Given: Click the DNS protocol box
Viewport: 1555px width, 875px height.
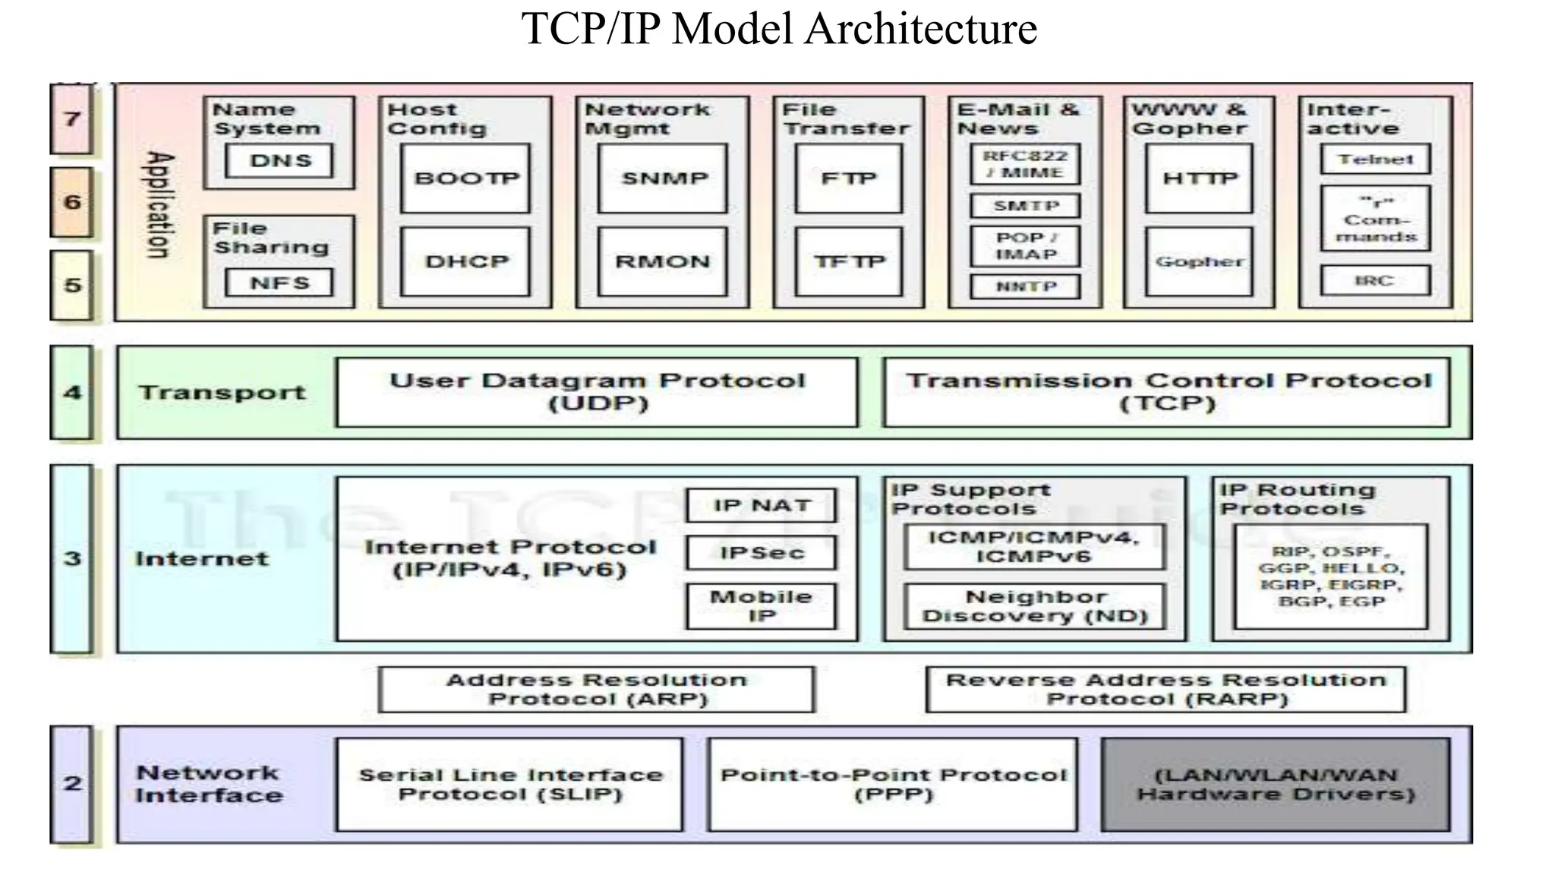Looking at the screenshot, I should pyautogui.click(x=279, y=161).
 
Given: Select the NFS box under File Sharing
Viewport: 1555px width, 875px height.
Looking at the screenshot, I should pyautogui.click(x=279, y=283).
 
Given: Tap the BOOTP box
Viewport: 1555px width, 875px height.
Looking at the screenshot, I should pyautogui.click(x=465, y=178).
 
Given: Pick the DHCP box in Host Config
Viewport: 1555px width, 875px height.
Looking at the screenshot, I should pyautogui.click(x=465, y=261).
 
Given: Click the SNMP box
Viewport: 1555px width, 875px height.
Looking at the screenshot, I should pyautogui.click(x=663, y=178).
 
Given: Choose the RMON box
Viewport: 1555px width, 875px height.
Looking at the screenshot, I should pyautogui.click(x=663, y=261).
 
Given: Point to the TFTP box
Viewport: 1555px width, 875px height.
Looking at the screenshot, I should pyautogui.click(x=849, y=261).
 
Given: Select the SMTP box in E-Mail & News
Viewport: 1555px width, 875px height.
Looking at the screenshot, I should pyautogui.click(x=1026, y=206).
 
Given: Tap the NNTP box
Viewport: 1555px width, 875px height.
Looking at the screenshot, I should pyautogui.click(x=1026, y=286).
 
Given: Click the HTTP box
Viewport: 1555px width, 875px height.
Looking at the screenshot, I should pyautogui.click(x=1200, y=178).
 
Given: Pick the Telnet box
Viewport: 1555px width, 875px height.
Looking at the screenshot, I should pyautogui.click(x=1375, y=160).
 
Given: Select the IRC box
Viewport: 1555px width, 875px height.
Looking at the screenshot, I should pyautogui.click(x=1375, y=280).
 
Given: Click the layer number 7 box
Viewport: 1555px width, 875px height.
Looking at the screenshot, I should pyautogui.click(x=72, y=119).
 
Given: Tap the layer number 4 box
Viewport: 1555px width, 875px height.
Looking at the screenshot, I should pyautogui.click(x=72, y=393).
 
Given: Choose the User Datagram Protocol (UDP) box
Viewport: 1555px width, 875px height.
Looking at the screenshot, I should pyautogui.click(x=598, y=392).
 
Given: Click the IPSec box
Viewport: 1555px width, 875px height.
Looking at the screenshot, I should pyautogui.click(x=762, y=553).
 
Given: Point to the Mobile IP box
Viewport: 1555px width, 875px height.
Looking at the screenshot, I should pyautogui.click(x=762, y=606).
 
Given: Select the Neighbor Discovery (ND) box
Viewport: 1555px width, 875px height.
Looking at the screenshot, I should pyautogui.click(x=1035, y=606).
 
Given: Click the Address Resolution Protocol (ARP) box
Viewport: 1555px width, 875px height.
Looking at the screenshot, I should pyautogui.click(x=597, y=690).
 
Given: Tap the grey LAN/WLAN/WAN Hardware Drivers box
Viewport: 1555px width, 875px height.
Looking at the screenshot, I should pyautogui.click(x=1276, y=785).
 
